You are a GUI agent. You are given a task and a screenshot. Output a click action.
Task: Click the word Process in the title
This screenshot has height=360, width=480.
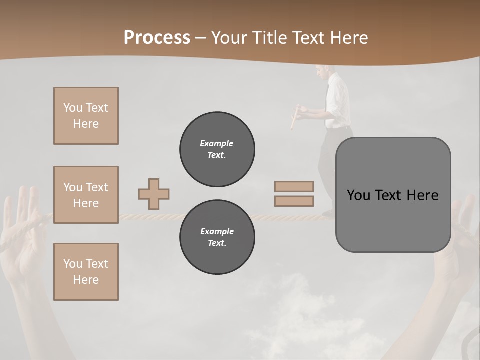[x=157, y=38]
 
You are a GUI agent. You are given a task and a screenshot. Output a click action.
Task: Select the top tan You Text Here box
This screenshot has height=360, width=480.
[x=86, y=116]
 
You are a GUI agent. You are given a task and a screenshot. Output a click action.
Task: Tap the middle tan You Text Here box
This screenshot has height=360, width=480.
[x=86, y=195]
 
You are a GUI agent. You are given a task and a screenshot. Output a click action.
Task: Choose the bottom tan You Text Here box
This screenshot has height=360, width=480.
[x=86, y=272]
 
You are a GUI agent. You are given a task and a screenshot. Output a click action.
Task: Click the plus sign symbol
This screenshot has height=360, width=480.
[x=154, y=194]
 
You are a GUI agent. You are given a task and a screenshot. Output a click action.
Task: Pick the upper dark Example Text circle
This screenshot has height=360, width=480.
[x=217, y=149]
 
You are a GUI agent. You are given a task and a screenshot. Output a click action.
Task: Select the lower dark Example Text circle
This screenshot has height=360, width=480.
[x=217, y=237]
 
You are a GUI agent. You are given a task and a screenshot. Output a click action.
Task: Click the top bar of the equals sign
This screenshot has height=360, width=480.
[x=294, y=186]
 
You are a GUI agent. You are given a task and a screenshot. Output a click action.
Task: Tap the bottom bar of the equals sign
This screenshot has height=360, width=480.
[x=294, y=201]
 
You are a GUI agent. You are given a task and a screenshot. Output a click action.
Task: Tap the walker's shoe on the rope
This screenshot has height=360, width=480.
[x=328, y=214]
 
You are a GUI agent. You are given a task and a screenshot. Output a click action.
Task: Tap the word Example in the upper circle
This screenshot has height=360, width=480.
[x=217, y=143]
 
